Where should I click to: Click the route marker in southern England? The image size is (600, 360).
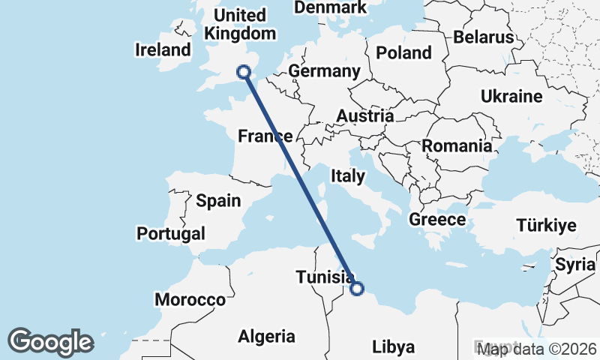click(x=243, y=72)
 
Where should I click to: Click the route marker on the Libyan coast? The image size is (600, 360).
click(x=357, y=288)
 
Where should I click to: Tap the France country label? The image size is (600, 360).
click(x=265, y=136)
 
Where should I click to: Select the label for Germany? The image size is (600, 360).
click(x=324, y=71)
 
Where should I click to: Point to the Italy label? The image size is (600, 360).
click(x=348, y=177)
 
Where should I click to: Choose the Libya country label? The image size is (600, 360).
click(x=394, y=347)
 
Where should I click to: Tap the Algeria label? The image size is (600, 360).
click(x=266, y=337)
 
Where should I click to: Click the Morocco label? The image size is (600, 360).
click(x=190, y=300)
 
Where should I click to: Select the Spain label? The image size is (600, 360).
click(x=218, y=201)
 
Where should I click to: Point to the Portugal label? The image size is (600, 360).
click(x=171, y=233)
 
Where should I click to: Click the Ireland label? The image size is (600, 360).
click(x=163, y=50)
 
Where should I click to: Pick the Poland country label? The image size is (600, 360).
click(x=404, y=52)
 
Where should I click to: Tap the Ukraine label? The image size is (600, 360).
click(x=511, y=97)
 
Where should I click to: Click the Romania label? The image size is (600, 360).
click(x=457, y=146)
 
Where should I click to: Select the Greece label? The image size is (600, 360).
click(x=437, y=220)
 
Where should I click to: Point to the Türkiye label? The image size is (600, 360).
click(x=545, y=226)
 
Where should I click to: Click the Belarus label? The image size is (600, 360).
click(x=483, y=37)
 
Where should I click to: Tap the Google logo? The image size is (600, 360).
click(x=50, y=342)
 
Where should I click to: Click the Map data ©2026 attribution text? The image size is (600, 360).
click(x=538, y=349)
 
